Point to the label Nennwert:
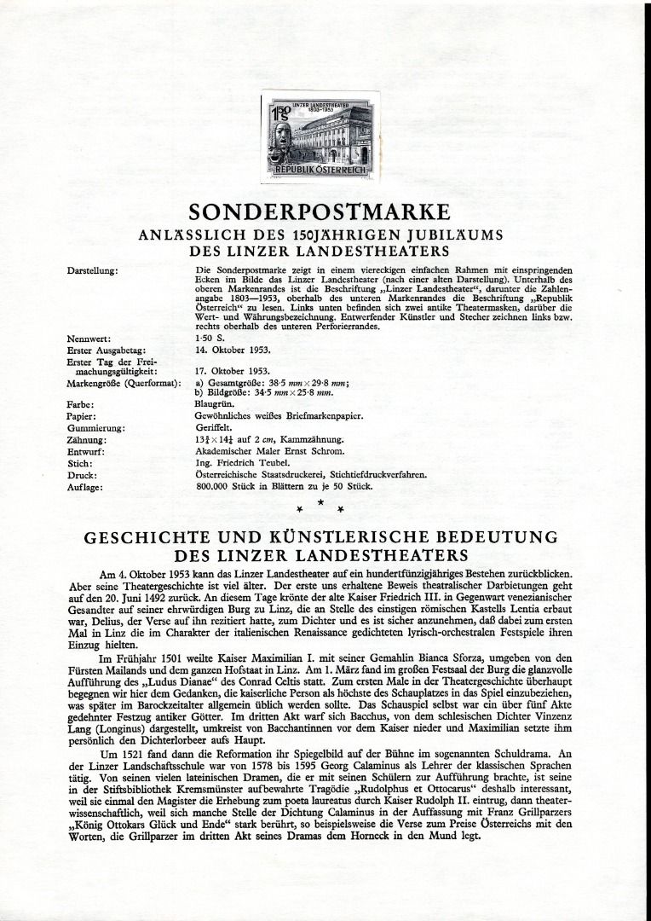(88, 339)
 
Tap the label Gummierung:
(95, 427)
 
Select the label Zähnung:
(86, 439)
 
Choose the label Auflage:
(85, 487)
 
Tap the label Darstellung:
(92, 271)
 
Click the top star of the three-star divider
(320, 502)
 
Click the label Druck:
(82, 475)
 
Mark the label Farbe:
(80, 404)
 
